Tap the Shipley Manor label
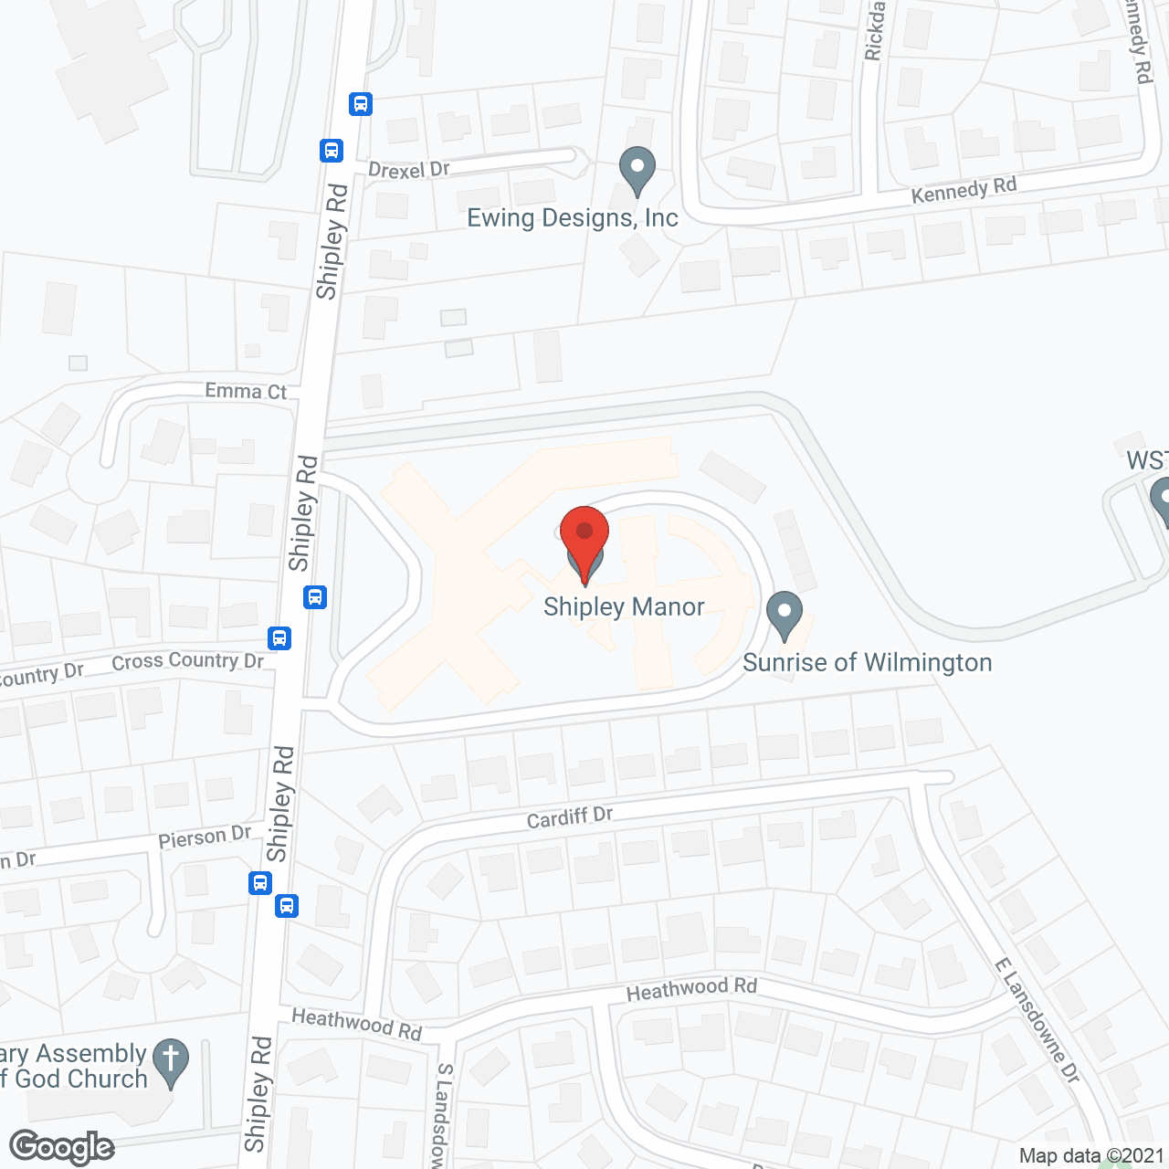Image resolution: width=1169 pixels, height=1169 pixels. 624,607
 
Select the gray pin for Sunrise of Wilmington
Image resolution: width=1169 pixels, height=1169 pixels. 784,615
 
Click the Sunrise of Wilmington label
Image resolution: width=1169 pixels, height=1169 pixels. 867,663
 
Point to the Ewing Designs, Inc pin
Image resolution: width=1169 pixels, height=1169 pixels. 637,170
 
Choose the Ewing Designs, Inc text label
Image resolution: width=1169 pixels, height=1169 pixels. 573,218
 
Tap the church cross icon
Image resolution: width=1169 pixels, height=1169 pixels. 171,1062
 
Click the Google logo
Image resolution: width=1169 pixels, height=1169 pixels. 62,1147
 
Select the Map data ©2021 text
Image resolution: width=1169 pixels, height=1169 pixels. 1091,1156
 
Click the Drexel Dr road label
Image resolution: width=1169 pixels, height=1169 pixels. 408,170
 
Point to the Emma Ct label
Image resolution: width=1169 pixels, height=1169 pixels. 246,392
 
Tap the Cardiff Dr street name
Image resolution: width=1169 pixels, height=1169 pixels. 570,816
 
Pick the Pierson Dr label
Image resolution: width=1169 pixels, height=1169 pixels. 205,837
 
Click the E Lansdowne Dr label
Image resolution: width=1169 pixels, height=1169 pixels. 1037,1019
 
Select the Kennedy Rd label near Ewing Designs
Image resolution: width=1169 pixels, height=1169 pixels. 964,191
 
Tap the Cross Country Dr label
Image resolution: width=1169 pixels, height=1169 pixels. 187,661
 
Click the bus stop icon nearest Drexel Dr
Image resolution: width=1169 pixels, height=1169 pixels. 332,150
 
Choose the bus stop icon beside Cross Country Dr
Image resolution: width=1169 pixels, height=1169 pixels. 280,637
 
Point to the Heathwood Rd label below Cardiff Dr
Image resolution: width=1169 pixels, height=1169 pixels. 691,989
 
